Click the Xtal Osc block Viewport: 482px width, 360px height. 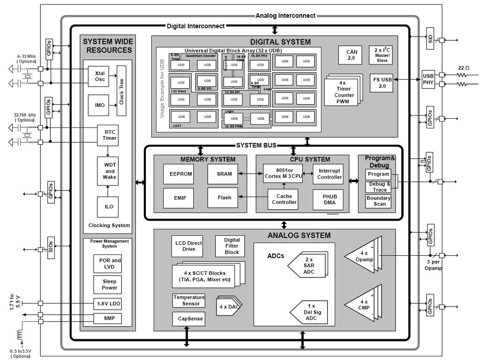click(100, 76)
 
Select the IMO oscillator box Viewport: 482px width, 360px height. click(100, 105)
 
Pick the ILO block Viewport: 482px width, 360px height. click(109, 206)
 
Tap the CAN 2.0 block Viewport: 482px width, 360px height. click(352, 55)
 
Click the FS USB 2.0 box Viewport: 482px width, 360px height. click(381, 83)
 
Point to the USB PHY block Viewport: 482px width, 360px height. click(428, 79)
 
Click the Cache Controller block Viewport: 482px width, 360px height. click(284, 199)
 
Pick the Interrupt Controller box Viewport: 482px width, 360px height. click(329, 174)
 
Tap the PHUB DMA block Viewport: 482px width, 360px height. click(327, 199)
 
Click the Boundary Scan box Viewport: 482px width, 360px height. click(378, 201)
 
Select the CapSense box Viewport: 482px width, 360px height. click(187, 318)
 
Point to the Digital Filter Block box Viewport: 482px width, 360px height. click(231, 246)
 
